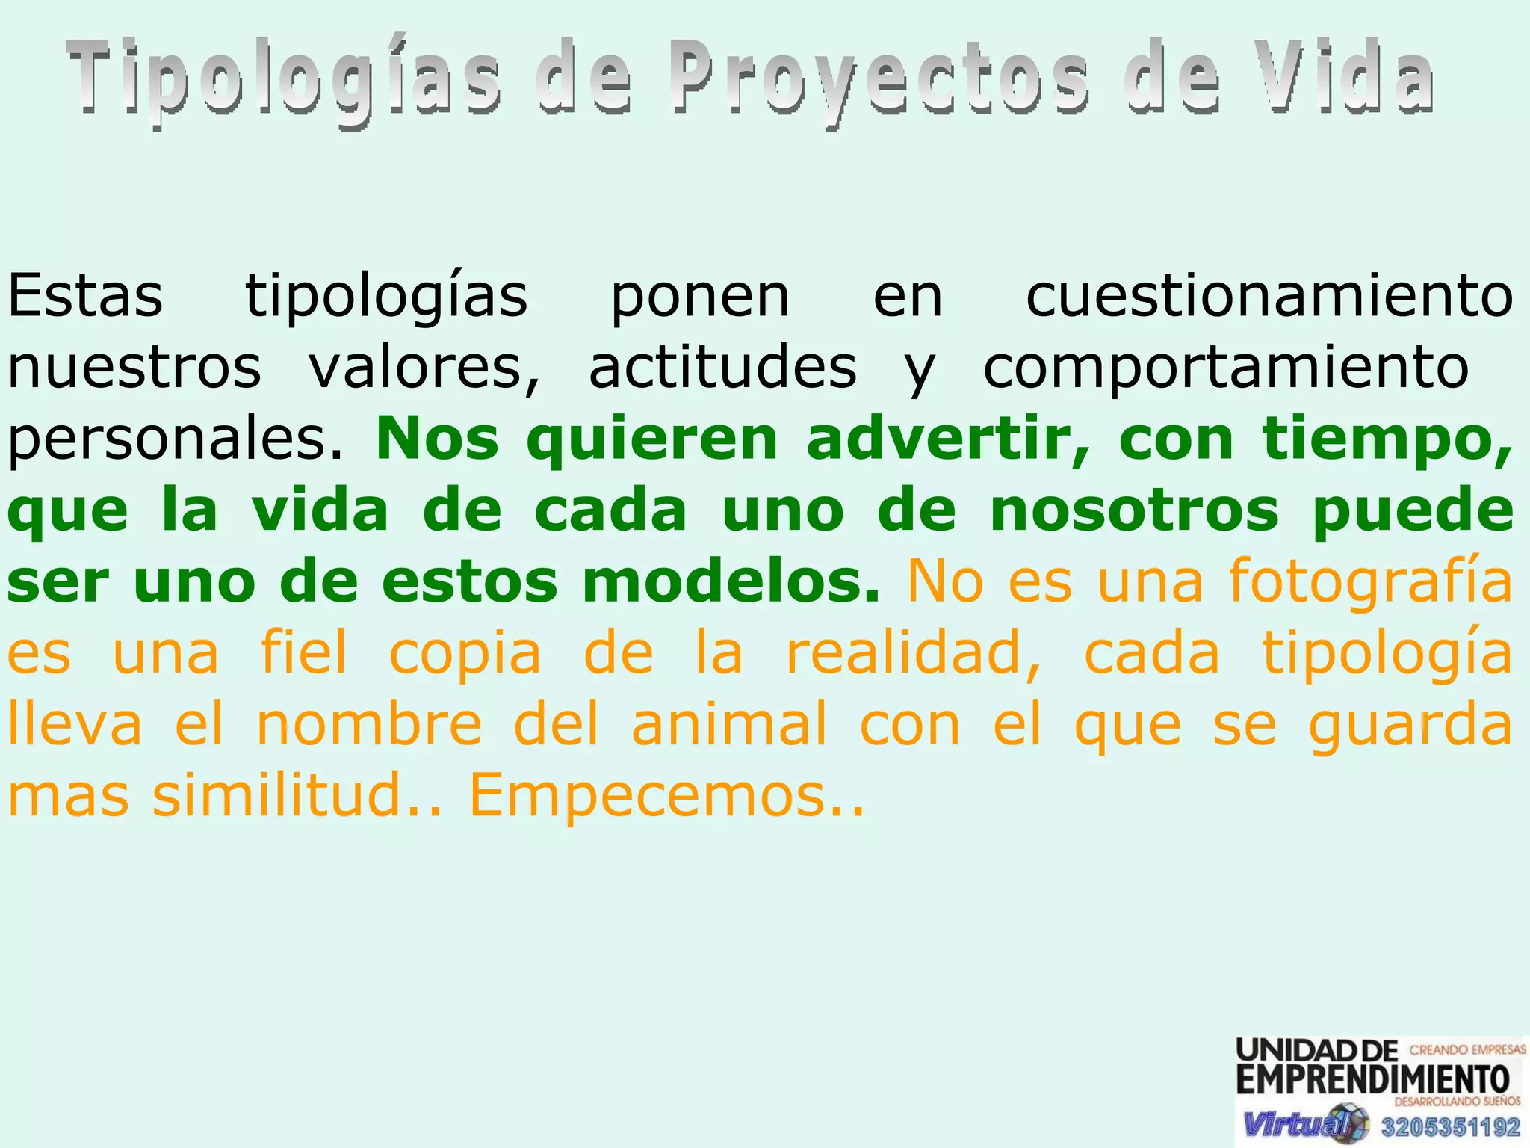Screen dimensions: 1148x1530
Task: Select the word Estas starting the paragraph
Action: (85, 296)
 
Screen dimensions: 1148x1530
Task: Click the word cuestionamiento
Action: (1269, 296)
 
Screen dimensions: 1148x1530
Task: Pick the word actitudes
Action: (722, 368)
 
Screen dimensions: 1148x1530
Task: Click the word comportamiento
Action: (1226, 368)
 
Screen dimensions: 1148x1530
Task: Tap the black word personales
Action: (176, 439)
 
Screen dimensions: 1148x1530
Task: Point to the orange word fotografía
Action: (1371, 581)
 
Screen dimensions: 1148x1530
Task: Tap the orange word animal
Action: (729, 724)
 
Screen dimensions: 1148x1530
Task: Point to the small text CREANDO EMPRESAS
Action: (1466, 1049)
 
